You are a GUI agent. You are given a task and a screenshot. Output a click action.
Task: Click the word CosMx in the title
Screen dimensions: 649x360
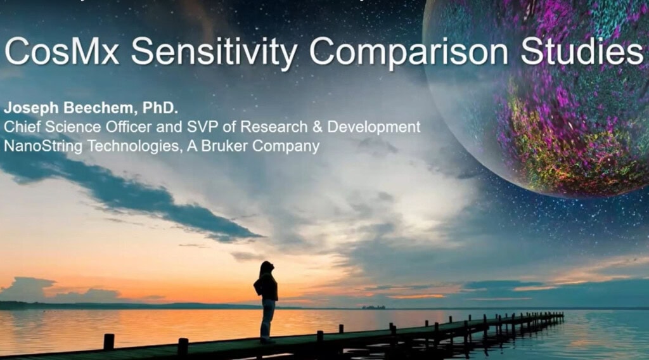pos(62,51)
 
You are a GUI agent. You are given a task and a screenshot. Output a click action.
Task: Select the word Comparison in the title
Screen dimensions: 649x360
pos(409,53)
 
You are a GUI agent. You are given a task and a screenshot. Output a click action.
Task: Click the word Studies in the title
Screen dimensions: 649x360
pos(582,51)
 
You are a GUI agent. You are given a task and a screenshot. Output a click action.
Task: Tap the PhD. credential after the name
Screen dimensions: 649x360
pos(160,108)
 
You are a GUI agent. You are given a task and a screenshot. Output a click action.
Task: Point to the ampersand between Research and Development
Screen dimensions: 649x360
pos(318,127)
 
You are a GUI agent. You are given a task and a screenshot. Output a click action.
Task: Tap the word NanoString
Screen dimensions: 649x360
pos(44,146)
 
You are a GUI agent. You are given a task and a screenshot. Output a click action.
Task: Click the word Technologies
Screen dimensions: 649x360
pos(134,146)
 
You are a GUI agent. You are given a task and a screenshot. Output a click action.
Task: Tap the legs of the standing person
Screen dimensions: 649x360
pos(267,319)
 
